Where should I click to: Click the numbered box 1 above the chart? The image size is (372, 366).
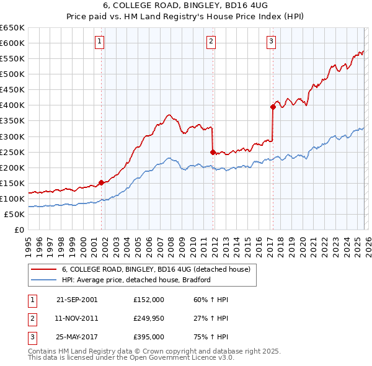click(100, 42)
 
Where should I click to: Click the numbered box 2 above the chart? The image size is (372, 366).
click(211, 42)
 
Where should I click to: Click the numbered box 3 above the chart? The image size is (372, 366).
click(272, 42)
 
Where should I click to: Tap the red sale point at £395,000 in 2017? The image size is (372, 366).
click(272, 107)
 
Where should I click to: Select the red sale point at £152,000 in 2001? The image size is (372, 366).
click(101, 182)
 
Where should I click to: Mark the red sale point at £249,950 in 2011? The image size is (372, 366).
click(213, 151)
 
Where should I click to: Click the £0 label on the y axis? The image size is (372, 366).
click(19, 230)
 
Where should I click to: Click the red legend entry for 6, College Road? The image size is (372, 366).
click(156, 270)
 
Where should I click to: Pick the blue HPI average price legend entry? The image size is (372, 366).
click(136, 280)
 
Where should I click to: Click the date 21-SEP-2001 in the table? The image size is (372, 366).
click(77, 300)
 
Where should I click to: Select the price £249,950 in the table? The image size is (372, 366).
click(149, 318)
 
